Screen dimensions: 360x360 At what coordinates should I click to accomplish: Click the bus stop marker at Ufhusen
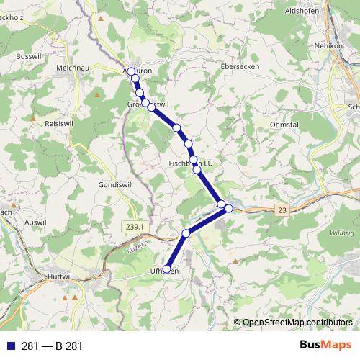pyautogui.click(x=167, y=269)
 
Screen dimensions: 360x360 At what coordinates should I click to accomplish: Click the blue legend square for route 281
pyautogui.click(x=9, y=346)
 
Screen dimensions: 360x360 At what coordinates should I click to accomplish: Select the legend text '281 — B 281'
pyautogui.click(x=52, y=346)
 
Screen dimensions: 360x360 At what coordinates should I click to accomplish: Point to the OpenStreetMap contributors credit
pyautogui.click(x=297, y=323)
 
